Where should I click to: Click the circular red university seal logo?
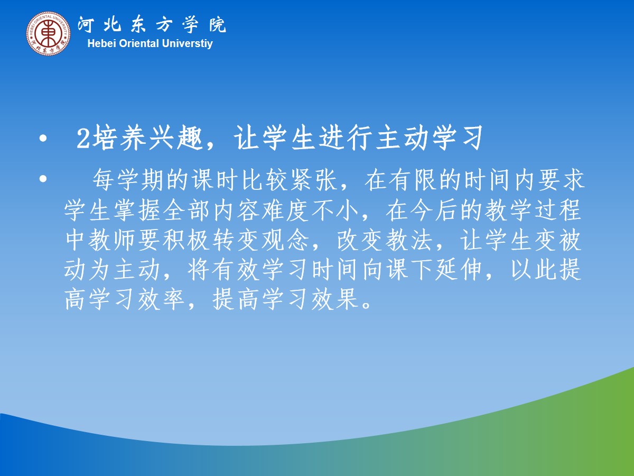[x=48, y=33]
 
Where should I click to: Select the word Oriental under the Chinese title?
[x=139, y=44]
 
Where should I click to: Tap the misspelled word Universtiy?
[x=187, y=44]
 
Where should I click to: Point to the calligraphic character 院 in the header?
[x=218, y=24]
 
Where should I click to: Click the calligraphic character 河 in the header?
[x=86, y=24]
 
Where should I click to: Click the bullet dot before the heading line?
[x=43, y=139]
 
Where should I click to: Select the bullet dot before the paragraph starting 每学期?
[x=43, y=179]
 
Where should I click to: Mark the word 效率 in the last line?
[x=161, y=300]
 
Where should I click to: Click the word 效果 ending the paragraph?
[x=334, y=300]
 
